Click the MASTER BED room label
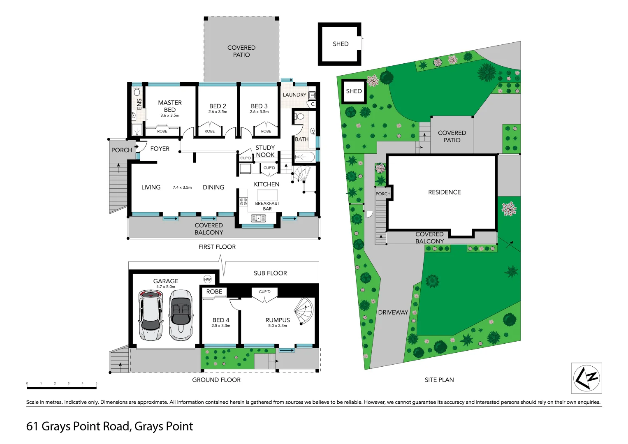tap(169, 106)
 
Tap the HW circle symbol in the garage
tap(207, 279)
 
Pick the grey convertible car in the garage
tap(181, 315)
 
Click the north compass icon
tap(586, 378)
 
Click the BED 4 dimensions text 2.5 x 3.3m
tap(221, 326)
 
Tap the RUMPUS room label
tap(278, 320)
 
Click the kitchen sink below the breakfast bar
tap(258, 218)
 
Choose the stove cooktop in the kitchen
tap(243, 201)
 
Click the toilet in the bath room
tap(299, 117)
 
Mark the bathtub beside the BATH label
tap(305, 157)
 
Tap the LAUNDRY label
tap(294, 95)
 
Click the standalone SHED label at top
tap(341, 44)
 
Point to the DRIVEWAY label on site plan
tap(393, 312)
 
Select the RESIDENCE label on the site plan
tap(444, 192)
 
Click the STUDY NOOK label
tap(265, 151)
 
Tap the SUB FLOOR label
tap(270, 273)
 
